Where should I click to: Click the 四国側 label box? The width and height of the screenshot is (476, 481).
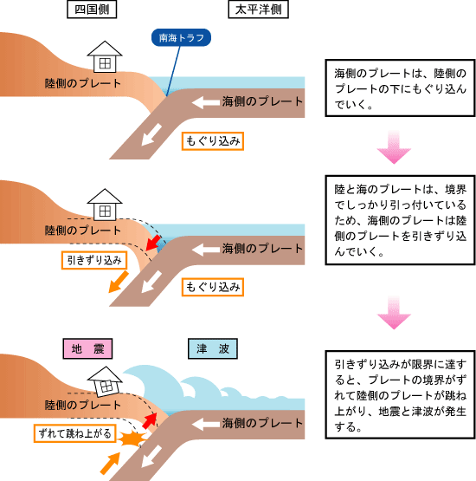(x=92, y=10)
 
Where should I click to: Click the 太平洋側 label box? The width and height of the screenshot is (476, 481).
(x=258, y=10)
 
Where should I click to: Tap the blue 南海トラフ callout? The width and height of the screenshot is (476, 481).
(x=181, y=37)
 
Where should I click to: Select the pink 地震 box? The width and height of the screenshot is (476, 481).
(x=87, y=348)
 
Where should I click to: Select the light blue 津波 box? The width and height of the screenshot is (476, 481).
(x=213, y=348)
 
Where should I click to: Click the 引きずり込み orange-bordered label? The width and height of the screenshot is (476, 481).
(x=94, y=261)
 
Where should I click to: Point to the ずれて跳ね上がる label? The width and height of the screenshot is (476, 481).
(x=75, y=433)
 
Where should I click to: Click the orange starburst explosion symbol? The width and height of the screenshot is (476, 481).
(x=132, y=439)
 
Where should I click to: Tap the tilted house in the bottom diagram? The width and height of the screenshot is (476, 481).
(x=105, y=381)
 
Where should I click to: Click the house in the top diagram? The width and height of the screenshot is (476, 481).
(x=105, y=56)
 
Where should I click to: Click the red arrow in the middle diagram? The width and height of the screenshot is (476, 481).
(x=153, y=243)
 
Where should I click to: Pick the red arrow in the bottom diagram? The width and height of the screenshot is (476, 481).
(x=150, y=420)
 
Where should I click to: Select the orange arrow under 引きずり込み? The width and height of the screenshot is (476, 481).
(x=119, y=282)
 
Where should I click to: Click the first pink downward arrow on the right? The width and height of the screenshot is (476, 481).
(x=394, y=147)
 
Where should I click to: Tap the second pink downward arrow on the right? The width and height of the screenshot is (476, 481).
(x=394, y=313)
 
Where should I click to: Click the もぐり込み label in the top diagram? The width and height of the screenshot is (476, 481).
(x=213, y=141)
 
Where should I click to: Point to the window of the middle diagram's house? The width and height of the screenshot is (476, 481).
(x=105, y=211)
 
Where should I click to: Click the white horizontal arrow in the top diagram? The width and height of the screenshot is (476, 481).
(x=206, y=102)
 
